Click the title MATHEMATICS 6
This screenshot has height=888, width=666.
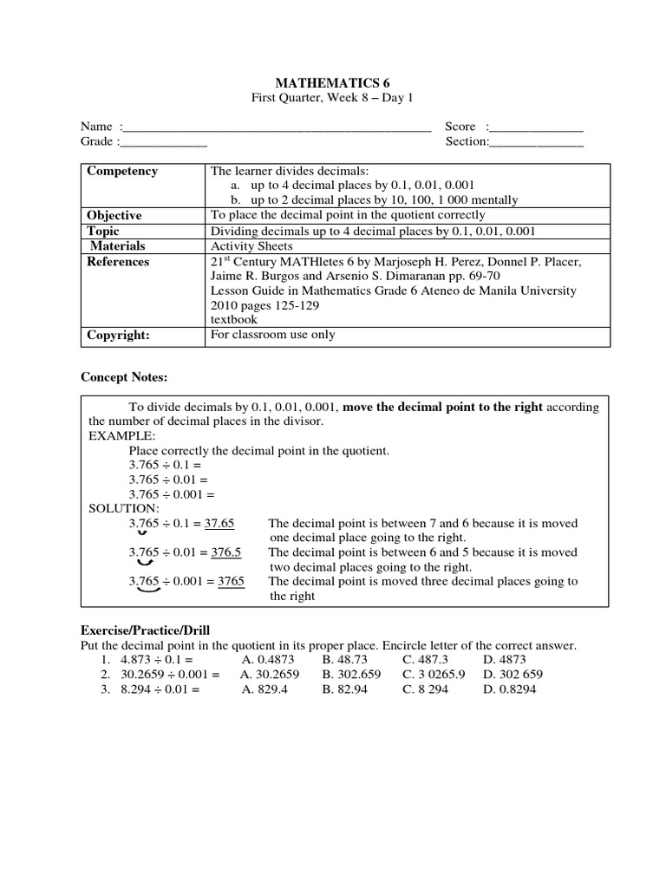click(332, 82)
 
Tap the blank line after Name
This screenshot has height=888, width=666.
click(277, 129)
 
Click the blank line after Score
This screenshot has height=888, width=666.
click(538, 129)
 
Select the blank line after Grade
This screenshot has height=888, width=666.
click(164, 144)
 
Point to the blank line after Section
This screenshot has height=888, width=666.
click(537, 144)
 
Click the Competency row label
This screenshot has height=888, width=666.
click(122, 171)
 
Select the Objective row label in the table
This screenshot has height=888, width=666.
click(114, 215)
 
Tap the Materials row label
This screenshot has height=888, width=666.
click(118, 246)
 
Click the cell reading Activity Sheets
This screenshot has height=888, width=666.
click(248, 246)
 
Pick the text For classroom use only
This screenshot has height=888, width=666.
click(272, 335)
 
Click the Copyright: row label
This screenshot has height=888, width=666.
click(119, 335)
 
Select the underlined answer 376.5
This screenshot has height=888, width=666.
click(225, 552)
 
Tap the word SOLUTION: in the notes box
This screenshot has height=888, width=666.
click(123, 507)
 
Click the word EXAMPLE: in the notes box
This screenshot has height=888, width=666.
click(121, 436)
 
